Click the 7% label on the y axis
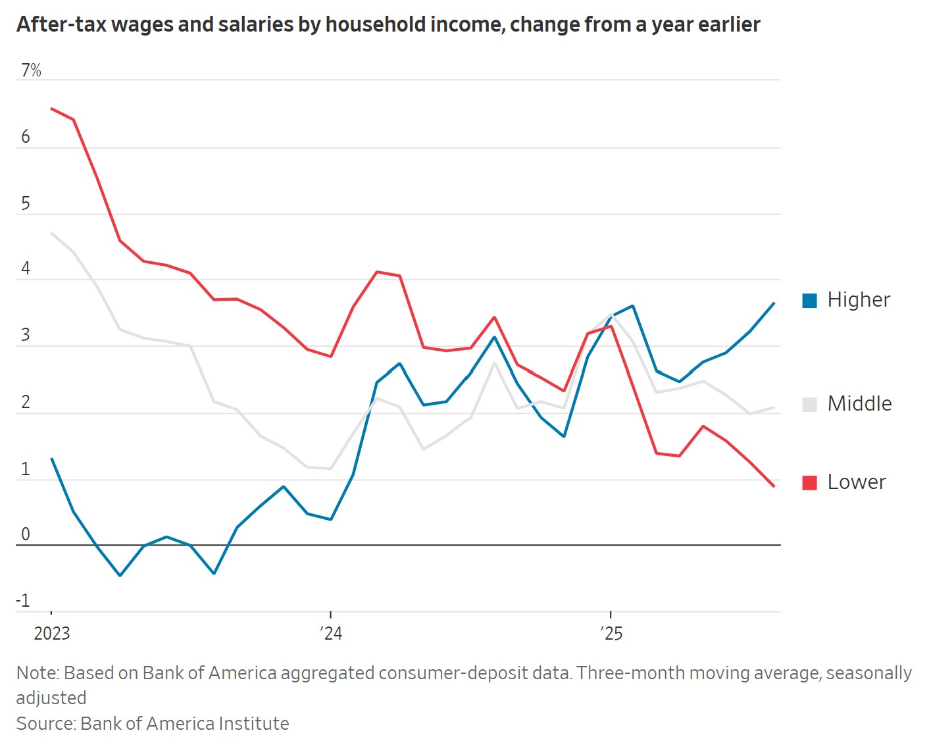coord(31,70)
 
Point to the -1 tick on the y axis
coord(23,600)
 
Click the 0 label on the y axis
coord(26,534)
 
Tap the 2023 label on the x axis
coord(51,633)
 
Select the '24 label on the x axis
coord(331,633)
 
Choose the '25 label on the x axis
coord(611,633)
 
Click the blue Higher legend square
coord(810,301)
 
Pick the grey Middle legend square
coord(810,405)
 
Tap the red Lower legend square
coord(810,483)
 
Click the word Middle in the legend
coord(859,403)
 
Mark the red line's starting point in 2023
coord(51,109)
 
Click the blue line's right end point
coord(774,303)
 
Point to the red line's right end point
coord(774,486)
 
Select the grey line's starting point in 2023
coord(51,233)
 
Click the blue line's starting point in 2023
coord(51,459)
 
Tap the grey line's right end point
coord(774,408)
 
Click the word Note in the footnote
coord(37,673)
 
